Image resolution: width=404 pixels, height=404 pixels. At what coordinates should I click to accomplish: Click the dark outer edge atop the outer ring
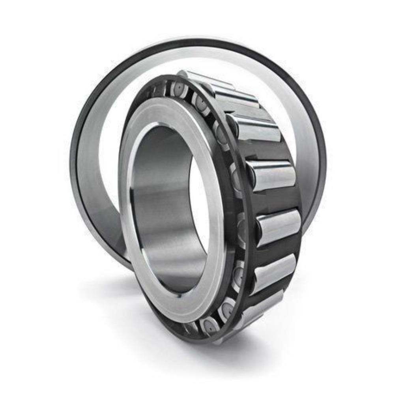click(x=197, y=42)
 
